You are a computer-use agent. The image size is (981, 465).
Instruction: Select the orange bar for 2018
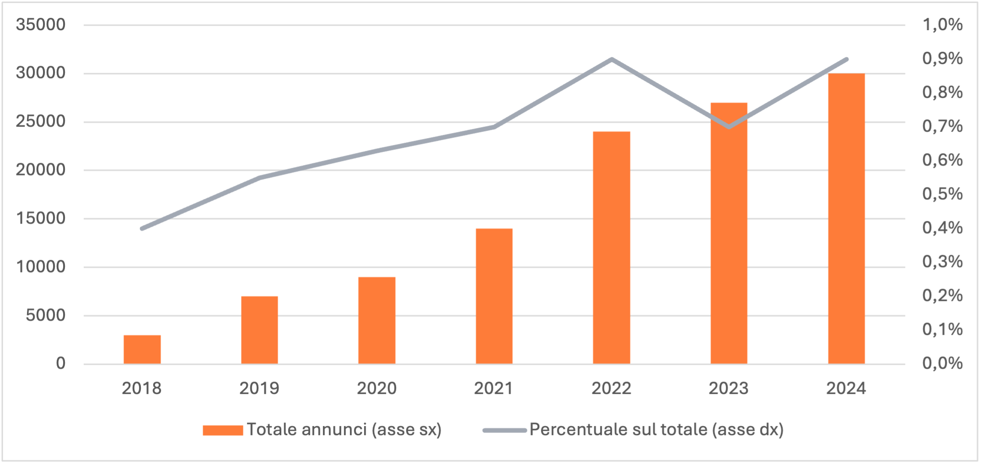[142, 350]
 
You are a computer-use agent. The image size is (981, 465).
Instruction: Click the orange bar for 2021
[494, 296]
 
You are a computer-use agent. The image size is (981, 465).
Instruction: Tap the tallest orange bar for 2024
[846, 219]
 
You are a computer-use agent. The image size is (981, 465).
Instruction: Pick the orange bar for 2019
[259, 330]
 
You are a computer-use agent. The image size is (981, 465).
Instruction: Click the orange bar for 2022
[611, 248]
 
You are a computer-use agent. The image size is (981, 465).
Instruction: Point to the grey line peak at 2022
[611, 59]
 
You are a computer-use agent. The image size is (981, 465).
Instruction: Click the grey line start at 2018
[142, 228]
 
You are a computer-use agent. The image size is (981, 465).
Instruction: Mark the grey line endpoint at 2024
[847, 59]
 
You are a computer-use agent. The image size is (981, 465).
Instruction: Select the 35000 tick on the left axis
[40, 25]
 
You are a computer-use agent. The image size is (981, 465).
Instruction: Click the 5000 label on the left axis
[45, 315]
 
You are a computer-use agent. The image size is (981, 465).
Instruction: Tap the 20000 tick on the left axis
[40, 170]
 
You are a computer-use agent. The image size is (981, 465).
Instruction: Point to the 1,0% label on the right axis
[942, 25]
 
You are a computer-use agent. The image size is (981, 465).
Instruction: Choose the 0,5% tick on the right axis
[942, 194]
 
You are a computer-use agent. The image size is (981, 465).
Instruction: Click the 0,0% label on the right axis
[942, 363]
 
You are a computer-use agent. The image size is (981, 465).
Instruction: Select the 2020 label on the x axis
[376, 389]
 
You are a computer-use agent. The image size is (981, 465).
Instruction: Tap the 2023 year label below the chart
[729, 389]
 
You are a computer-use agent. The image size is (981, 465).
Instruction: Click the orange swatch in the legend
[223, 430]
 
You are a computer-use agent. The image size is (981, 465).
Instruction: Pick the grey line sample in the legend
[504, 430]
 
